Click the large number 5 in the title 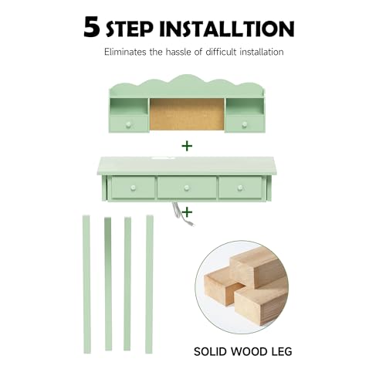pyautogui.click(x=92, y=27)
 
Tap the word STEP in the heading pyautogui.click(x=130, y=29)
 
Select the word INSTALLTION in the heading pyautogui.click(x=227, y=29)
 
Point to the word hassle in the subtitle pyautogui.click(x=178, y=52)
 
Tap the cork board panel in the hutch pyautogui.click(x=187, y=114)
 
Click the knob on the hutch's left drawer pyautogui.click(x=128, y=125)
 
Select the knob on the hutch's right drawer pyautogui.click(x=245, y=125)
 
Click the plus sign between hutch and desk pyautogui.click(x=187, y=146)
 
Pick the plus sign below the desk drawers pyautogui.click(x=187, y=212)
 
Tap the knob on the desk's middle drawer pyautogui.click(x=187, y=188)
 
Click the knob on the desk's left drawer pyautogui.click(x=133, y=188)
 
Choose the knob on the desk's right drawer pyautogui.click(x=240, y=188)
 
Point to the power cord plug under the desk pyautogui.click(x=191, y=225)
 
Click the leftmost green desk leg pyautogui.click(x=86, y=284)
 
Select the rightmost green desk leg pyautogui.click(x=149, y=284)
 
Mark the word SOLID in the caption pyautogui.click(x=211, y=352)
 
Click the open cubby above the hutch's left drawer pyautogui.click(x=129, y=107)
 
